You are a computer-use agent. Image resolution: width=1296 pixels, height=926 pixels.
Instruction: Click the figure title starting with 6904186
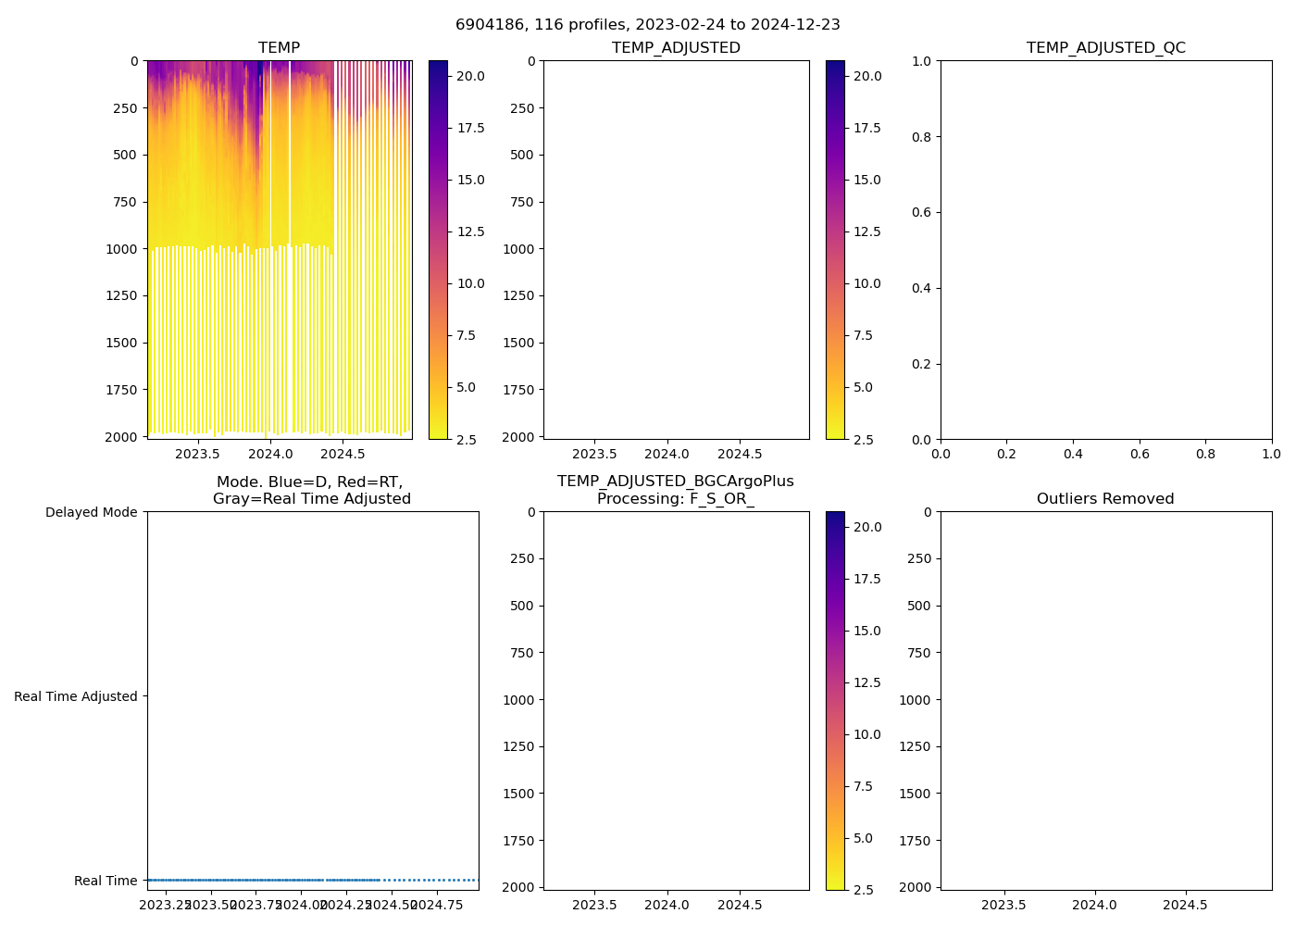pyautogui.click(x=648, y=25)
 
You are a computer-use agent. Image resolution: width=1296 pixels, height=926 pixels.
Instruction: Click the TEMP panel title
pyautogui.click(x=279, y=48)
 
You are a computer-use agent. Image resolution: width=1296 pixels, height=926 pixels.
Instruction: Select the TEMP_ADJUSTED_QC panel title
pyautogui.click(x=1105, y=48)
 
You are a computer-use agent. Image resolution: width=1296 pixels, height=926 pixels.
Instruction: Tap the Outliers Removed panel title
pyautogui.click(x=1105, y=499)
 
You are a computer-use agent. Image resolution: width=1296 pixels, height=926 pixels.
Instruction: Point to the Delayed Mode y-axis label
pyautogui.click(x=91, y=512)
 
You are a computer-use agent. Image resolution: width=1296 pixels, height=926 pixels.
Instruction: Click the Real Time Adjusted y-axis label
pyautogui.click(x=76, y=696)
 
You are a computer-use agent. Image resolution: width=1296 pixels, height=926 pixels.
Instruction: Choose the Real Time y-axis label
pyautogui.click(x=106, y=881)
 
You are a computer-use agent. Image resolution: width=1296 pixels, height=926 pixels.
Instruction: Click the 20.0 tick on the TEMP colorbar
pyautogui.click(x=470, y=76)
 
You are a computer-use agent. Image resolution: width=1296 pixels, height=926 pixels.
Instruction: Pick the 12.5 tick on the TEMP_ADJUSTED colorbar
pyautogui.click(x=867, y=231)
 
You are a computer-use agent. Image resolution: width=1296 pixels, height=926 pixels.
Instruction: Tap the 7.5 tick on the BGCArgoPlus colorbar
pyautogui.click(x=863, y=786)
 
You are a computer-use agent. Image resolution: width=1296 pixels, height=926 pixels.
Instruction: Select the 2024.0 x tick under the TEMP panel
pyautogui.click(x=270, y=454)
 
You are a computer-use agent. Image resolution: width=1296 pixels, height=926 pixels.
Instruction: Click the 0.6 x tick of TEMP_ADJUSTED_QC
pyautogui.click(x=1140, y=454)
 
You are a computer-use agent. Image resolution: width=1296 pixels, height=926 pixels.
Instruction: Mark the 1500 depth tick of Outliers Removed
pyautogui.click(x=917, y=794)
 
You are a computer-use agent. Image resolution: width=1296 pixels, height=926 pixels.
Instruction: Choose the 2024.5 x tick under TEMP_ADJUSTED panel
pyautogui.click(x=740, y=454)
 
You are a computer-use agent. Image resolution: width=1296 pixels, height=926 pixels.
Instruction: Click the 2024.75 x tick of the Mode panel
pyautogui.click(x=436, y=905)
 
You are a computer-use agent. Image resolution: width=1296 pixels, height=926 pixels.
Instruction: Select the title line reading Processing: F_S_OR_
pyautogui.click(x=676, y=499)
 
